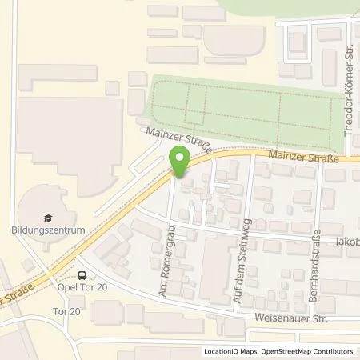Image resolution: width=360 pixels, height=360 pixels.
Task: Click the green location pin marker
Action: [180, 163]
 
